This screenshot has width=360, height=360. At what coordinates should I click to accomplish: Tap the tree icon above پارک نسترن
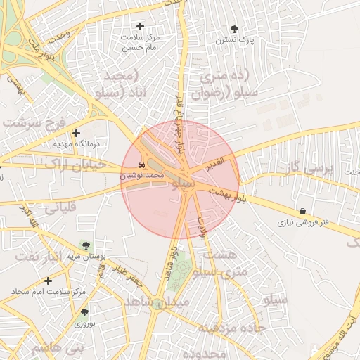234,29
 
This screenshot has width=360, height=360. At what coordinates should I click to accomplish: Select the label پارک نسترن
234,40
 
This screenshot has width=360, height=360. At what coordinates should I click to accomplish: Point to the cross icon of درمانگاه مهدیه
77,133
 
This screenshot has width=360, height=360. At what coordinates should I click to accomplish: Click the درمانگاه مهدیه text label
77,143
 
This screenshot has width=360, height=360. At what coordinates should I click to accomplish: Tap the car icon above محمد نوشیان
142,165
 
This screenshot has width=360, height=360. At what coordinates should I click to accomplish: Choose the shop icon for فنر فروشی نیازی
302,211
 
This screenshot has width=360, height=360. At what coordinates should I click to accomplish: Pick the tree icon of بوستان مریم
86,245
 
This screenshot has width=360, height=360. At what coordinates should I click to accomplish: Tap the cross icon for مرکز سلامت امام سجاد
48,281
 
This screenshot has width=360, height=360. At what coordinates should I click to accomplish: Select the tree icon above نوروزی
84,312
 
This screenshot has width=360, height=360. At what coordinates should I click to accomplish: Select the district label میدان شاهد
157,301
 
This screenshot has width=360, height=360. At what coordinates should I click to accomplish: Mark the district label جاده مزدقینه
229,328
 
